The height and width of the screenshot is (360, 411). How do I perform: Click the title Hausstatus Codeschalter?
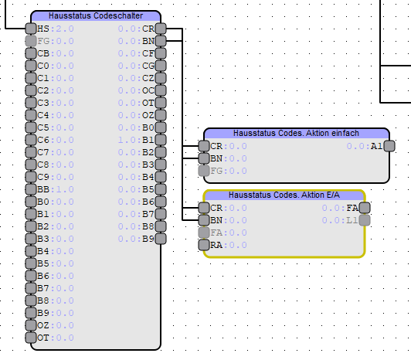96,15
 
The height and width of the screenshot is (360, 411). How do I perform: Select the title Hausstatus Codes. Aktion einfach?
296,133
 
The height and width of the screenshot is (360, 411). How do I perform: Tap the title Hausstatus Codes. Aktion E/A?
284,195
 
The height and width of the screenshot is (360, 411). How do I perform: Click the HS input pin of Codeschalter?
31,29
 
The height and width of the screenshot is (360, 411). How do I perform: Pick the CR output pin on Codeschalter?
161,29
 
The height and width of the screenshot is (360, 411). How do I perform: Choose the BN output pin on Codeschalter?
161,41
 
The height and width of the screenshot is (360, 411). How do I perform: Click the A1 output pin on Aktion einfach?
389,146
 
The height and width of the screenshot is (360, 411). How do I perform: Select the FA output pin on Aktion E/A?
365,208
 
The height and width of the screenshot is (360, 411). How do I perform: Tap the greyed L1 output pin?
365,220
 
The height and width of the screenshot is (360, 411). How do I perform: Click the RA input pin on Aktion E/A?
204,245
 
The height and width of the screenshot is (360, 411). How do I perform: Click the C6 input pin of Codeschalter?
31,140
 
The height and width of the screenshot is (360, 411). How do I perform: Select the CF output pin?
161,53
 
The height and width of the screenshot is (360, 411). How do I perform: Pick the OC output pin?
161,90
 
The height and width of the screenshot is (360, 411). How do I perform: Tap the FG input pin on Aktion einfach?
204,171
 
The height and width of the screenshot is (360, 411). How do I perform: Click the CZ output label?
148,78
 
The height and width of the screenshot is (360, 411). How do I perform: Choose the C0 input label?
43,66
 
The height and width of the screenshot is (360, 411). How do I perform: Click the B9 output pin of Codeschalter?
161,239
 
